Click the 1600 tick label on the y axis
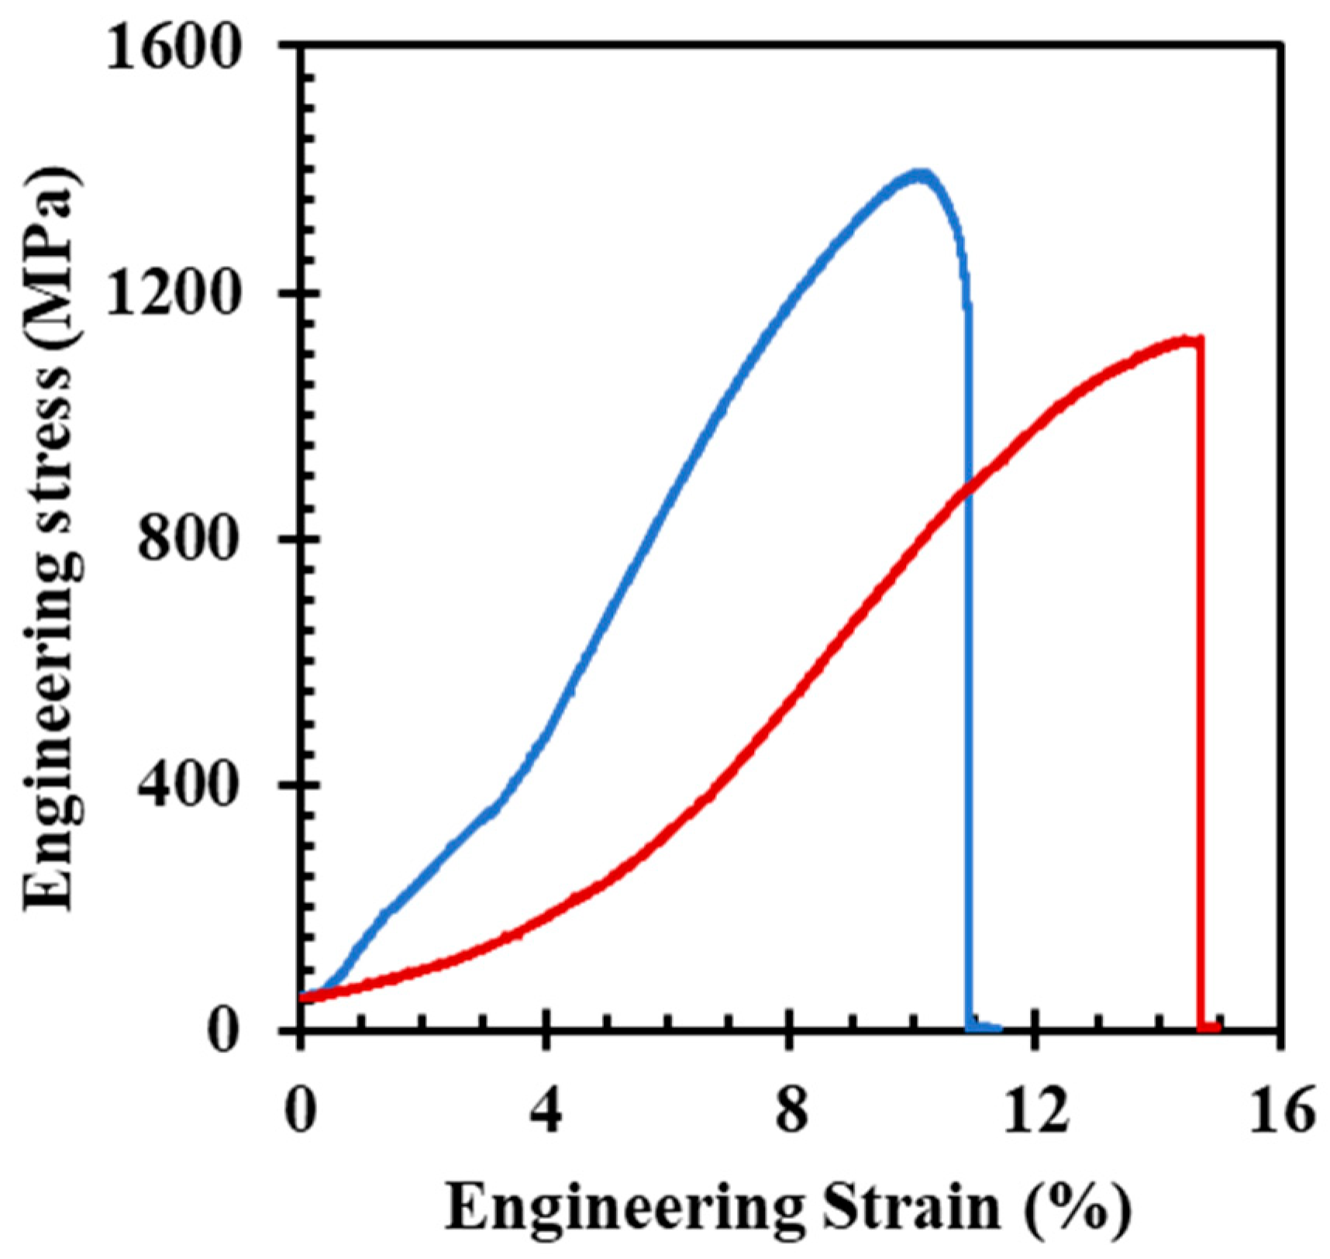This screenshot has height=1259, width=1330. (171, 48)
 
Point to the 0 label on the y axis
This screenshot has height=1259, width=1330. (223, 1030)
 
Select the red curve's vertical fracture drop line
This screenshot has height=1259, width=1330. (1200, 698)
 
